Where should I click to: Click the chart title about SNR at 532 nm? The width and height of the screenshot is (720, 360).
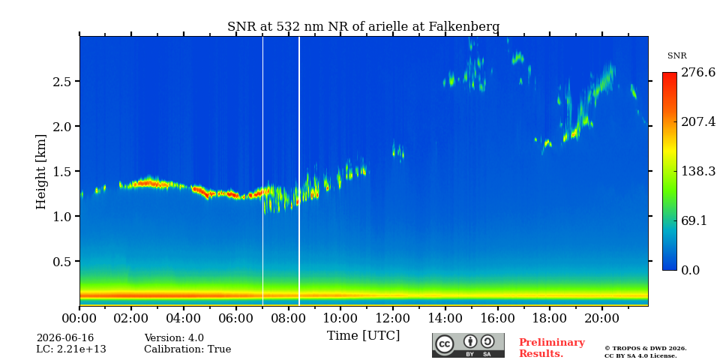click(363, 27)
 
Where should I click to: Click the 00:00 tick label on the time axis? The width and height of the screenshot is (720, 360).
click(79, 318)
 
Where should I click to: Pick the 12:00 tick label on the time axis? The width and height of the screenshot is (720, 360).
click(393, 318)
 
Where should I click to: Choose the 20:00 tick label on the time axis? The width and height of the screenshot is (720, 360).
click(602, 318)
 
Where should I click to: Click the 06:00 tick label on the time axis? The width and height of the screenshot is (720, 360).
click(236, 318)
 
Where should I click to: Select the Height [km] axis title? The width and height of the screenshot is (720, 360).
click(41, 172)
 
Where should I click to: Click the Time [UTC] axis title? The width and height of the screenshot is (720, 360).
click(363, 336)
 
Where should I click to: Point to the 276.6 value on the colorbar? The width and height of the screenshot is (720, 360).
click(698, 73)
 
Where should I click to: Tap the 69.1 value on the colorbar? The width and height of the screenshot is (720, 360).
click(693, 220)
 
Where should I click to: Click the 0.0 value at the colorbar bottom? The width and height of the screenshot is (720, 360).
click(690, 270)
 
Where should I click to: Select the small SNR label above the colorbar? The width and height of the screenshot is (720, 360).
click(676, 56)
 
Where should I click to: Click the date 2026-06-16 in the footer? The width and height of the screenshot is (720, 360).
click(65, 338)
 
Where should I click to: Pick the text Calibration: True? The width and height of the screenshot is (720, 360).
click(187, 349)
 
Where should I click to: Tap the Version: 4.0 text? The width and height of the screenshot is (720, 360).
click(174, 338)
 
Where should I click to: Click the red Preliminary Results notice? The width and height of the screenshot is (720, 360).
click(552, 348)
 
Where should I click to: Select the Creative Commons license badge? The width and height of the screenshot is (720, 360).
click(468, 345)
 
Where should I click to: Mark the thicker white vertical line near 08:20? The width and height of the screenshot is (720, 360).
click(299, 171)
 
